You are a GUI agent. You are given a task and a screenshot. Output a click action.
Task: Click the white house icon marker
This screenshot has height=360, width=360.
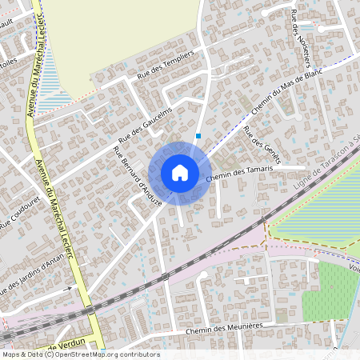pos(180,172)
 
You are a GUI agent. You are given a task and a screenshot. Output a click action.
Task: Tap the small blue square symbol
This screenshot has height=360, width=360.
pos(198,136)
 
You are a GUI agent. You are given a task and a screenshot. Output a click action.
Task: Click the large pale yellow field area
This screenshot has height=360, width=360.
pos(120,32)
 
